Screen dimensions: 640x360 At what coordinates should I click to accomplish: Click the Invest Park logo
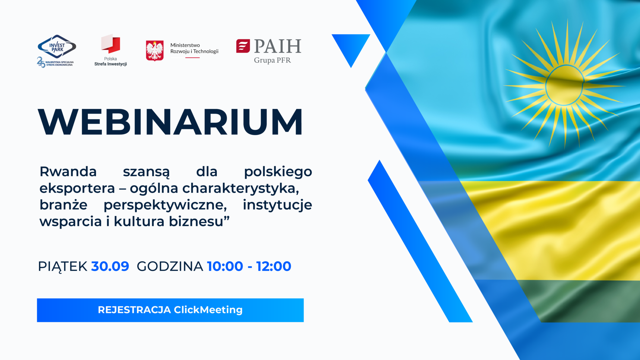pos(57,51)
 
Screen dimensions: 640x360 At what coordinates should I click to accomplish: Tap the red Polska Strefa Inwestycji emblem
pos(111,44)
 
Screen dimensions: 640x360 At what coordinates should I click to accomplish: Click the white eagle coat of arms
pos(155,51)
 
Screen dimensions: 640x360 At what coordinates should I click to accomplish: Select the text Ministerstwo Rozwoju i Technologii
pos(194,48)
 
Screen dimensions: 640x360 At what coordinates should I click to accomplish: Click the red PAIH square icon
pos(243,46)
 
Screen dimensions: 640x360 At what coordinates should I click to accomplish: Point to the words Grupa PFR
pos(272,60)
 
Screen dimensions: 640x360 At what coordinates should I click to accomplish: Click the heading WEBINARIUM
pos(170,122)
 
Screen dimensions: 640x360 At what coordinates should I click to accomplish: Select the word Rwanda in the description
pos(68,172)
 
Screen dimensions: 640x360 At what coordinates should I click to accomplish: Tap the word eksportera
pos(77,188)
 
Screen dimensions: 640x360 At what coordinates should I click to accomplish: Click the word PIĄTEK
pos(62,267)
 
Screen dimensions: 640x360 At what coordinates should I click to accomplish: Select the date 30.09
pos(110,267)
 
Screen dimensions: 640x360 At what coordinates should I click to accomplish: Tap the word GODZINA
pos(170,267)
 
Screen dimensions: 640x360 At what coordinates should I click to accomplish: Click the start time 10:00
pos(225,267)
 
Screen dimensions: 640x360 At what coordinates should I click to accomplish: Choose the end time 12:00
pos(274,267)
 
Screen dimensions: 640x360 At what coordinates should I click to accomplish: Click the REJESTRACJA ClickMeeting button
pos(170,310)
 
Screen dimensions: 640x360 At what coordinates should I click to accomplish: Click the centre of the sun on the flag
pos(565,85)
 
